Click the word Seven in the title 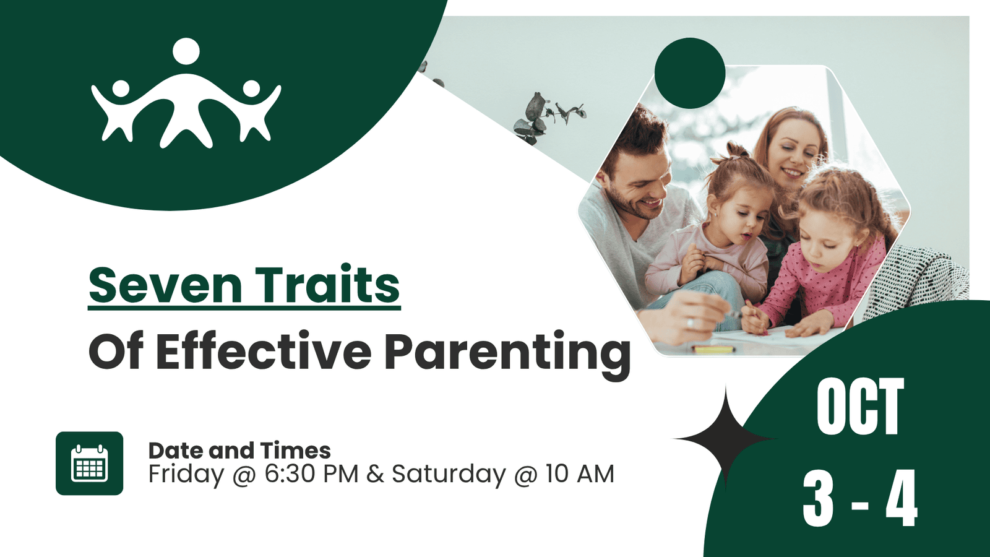165,285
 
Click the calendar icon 89,464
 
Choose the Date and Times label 239,451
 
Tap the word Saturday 449,475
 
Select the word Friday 186,475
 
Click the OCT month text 860,407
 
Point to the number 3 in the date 818,498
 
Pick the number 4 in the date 901,498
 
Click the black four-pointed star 725,439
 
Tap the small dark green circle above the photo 690,73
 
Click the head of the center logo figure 186,51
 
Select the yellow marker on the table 713,349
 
